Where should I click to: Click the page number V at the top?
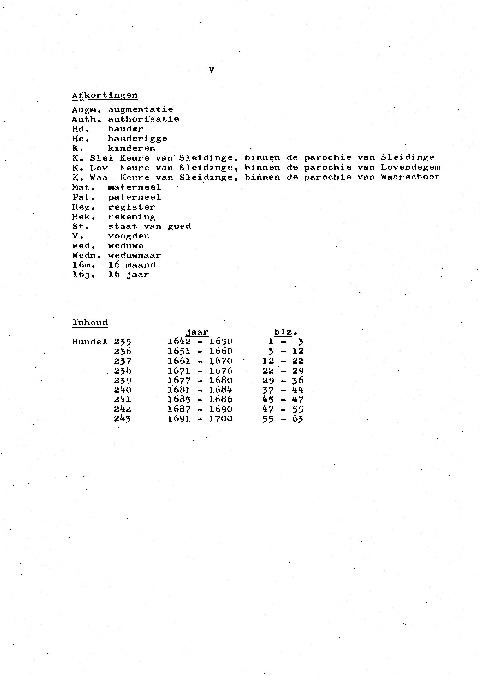coord(211,70)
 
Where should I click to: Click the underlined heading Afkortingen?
coord(105,95)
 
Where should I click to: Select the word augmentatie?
coord(140,110)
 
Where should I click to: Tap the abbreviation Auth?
coord(84,120)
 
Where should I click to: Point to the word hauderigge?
coord(137,139)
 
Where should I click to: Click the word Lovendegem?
coord(410,168)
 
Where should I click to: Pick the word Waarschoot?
coord(410,177)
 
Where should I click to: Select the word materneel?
coord(134,187)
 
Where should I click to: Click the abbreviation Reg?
coord(84,207)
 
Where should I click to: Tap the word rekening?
coord(132,217)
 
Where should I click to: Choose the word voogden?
coord(129,236)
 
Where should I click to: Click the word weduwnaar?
coord(134,256)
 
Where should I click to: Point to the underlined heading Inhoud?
coord(90,322)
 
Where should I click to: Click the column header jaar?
coord(197,332)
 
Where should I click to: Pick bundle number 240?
coord(122,390)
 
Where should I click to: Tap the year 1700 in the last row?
coord(221,419)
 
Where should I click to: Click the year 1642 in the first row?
coord(179,342)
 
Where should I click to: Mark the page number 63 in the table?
coord(298,419)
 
